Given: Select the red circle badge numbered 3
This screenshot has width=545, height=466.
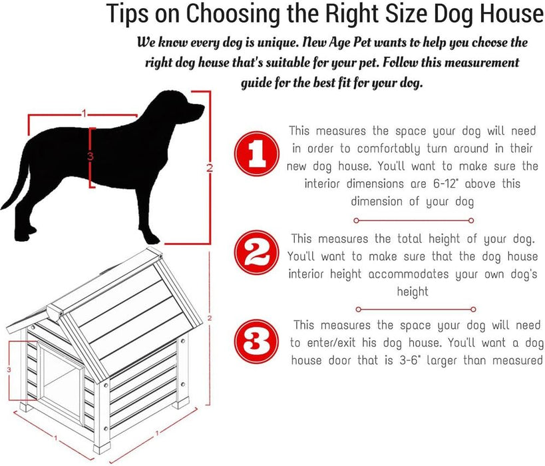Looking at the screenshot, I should pyautogui.click(x=256, y=342).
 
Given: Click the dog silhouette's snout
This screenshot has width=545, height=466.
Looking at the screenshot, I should pyautogui.click(x=196, y=109).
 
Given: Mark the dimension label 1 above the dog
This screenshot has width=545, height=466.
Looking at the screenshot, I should pyautogui.click(x=84, y=114).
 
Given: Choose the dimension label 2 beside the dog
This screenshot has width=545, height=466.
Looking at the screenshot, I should pyautogui.click(x=209, y=168).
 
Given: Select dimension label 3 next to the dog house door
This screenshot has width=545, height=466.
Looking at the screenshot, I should pyautogui.click(x=9, y=368).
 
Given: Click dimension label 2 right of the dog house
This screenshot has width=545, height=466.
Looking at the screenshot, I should pyautogui.click(x=210, y=319).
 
